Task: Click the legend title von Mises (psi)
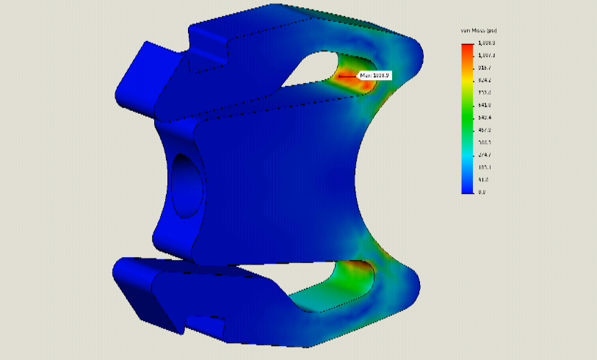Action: coord(478,30)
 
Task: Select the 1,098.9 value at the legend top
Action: coord(486,43)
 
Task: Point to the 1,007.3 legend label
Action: coord(486,55)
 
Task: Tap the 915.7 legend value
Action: coord(485,68)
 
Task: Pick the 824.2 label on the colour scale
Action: coord(485,80)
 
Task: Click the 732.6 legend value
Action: coord(485,93)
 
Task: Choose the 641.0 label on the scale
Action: coord(485,105)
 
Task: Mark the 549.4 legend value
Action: coord(485,118)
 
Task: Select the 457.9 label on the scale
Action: coord(485,130)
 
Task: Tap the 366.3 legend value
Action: coord(485,143)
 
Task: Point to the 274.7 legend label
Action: coord(485,155)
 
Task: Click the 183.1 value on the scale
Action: coord(485,168)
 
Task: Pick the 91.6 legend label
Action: coord(483,180)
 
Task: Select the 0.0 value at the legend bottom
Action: coord(482,192)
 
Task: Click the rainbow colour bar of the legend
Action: coord(467,118)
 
